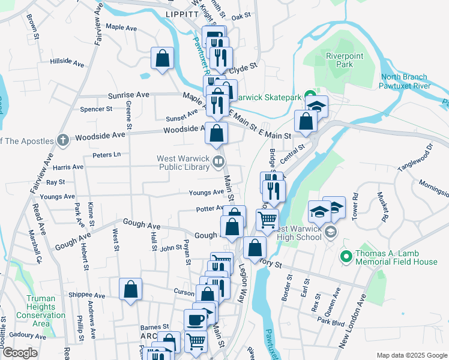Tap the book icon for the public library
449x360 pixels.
pyautogui.click(x=219, y=161)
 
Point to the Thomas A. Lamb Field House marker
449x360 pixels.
pyautogui.click(x=346, y=257)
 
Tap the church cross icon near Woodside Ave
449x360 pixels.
pyautogui.click(x=63, y=140)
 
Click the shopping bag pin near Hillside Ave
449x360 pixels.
pyautogui.click(x=162, y=58)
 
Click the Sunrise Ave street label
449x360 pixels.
pyautogui.click(x=128, y=95)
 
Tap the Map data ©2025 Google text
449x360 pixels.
pyautogui.click(x=411, y=355)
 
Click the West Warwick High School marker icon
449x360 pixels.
pyautogui.click(x=330, y=232)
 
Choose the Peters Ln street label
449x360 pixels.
pyautogui.click(x=107, y=155)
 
